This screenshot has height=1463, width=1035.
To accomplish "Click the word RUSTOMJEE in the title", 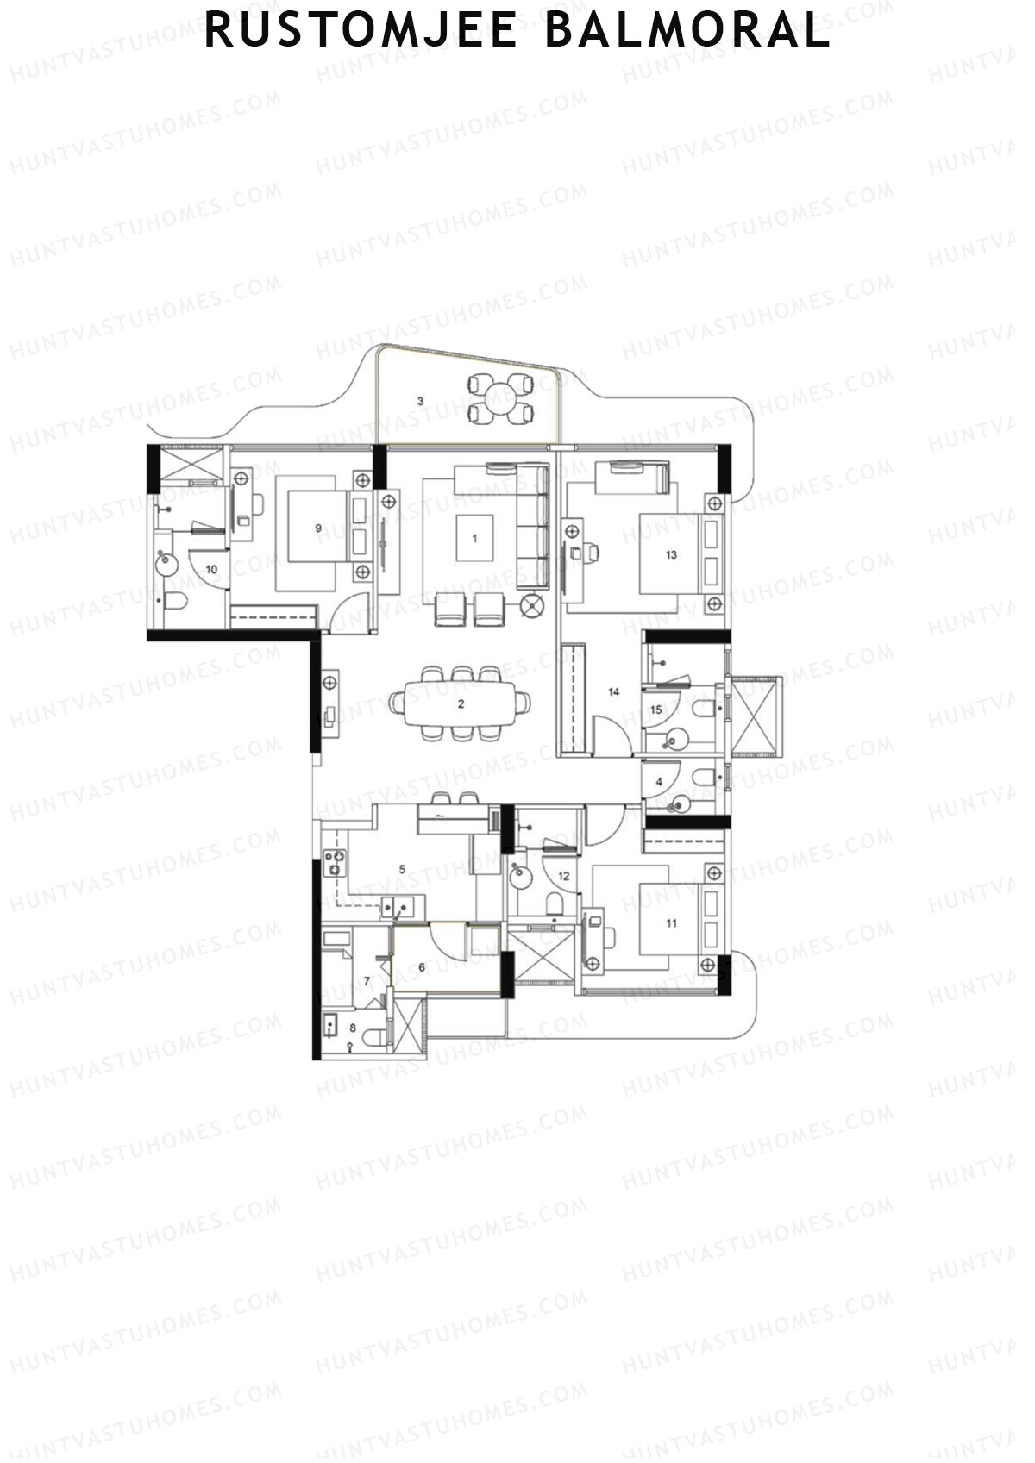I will (361, 32).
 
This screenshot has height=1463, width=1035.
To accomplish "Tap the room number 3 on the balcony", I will (420, 401).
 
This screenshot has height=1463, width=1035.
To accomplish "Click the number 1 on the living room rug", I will (474, 538).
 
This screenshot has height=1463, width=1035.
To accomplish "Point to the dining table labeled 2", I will (461, 703).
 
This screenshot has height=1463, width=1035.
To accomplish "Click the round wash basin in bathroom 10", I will (166, 565).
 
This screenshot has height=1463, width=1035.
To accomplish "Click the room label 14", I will (614, 691).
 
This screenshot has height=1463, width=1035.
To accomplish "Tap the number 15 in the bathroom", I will (655, 710).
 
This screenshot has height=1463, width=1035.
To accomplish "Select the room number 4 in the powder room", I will (659, 782).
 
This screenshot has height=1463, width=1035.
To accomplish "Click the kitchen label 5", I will (402, 869).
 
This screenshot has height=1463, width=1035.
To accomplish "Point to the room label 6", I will (422, 967).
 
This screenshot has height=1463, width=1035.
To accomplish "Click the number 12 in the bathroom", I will (563, 876).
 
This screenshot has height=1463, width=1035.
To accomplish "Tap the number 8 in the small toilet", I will (352, 1028).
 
